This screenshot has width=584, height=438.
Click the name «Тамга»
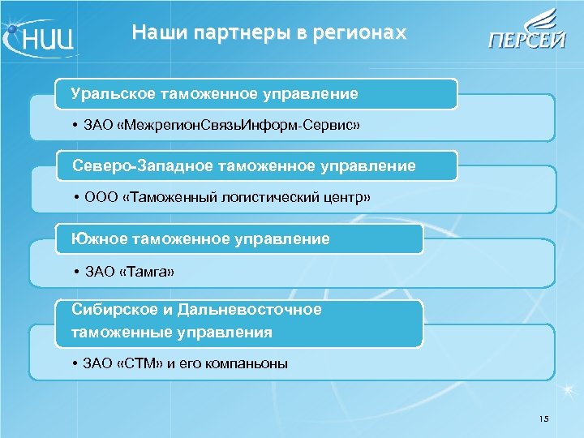[147, 271]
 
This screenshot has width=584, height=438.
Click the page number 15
[543, 419]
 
